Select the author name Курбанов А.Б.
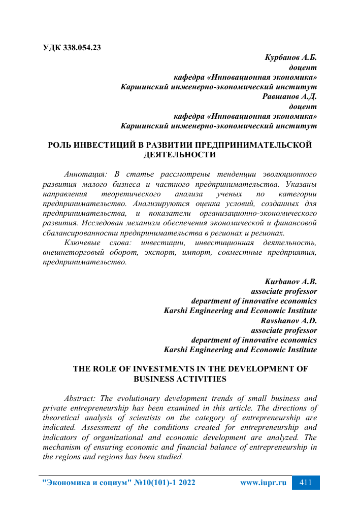click(291, 58)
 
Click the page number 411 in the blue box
click(306, 483)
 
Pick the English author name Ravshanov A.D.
click(288, 321)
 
